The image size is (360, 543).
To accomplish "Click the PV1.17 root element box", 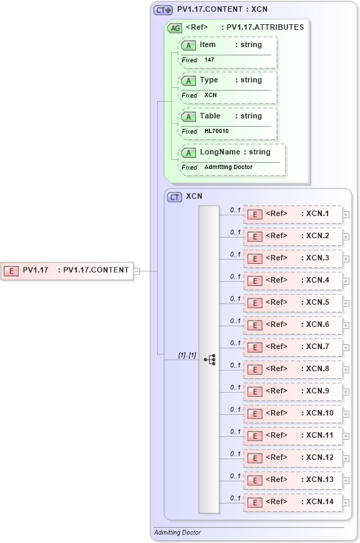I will point(67,270).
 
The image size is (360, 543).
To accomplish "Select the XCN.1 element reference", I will point(292,214).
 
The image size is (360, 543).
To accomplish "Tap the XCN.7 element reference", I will point(292,347).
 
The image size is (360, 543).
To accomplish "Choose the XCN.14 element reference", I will point(292,502).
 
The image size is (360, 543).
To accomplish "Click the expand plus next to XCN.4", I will point(345,281).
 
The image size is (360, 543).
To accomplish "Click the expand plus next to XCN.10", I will point(345,413).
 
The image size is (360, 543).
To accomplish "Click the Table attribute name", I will point(210,116).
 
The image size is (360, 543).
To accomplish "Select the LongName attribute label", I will point(220,152).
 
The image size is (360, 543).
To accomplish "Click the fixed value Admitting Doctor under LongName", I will point(228,168).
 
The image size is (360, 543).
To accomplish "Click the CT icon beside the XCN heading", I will point(175,197).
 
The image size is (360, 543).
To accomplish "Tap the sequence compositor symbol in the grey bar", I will point(209,359).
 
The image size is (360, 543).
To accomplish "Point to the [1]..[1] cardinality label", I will point(187,355).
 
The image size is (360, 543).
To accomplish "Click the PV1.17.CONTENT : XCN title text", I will point(222,10).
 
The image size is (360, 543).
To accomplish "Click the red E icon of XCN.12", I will point(255,458).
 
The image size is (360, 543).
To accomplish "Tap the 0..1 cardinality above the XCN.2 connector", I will point(235,232).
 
